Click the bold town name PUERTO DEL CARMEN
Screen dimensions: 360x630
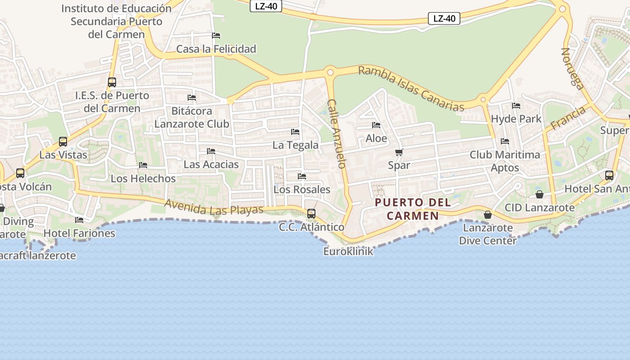413,209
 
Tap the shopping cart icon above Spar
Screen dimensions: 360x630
399,152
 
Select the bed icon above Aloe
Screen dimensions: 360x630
376,125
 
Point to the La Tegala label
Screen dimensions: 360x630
296,145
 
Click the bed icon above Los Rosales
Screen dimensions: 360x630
302,176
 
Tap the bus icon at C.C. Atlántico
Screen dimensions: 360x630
311,214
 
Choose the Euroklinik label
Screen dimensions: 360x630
348,251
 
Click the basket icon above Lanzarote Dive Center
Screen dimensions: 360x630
488,215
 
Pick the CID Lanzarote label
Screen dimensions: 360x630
540,207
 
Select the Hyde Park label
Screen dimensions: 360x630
516,119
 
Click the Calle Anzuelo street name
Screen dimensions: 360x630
337,134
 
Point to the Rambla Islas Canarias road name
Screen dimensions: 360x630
411,89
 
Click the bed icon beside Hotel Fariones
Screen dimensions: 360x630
79,220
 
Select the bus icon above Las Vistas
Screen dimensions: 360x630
63,142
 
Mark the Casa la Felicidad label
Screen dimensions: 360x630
216,49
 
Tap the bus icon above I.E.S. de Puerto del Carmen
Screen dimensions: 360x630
112,82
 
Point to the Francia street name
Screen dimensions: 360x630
568,118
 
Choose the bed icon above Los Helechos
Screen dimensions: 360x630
143,165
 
